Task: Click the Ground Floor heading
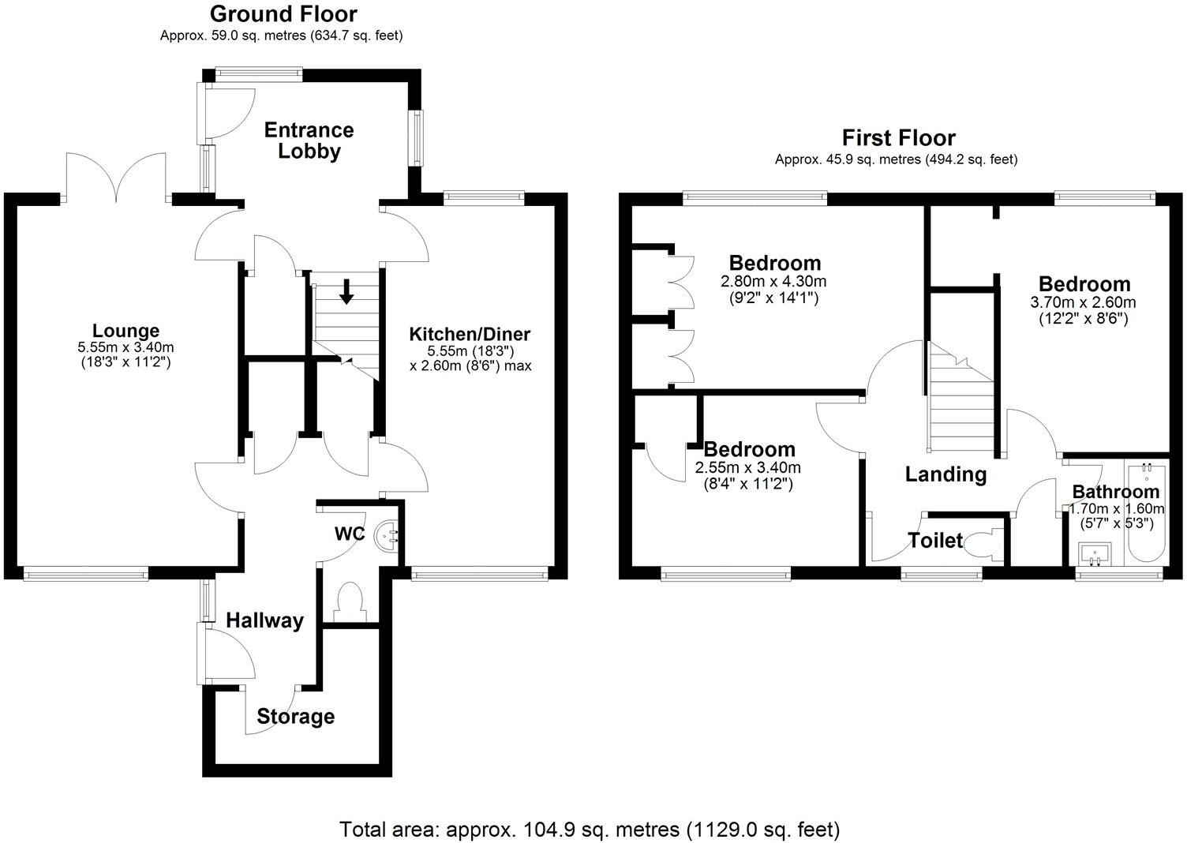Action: pyautogui.click(x=283, y=14)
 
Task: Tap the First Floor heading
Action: pyautogui.click(x=898, y=138)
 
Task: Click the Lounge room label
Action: pyautogui.click(x=125, y=331)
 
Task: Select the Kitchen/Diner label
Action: pyautogui.click(x=470, y=334)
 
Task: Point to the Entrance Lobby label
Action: pyautogui.click(x=309, y=140)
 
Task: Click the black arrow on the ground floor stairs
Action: pyautogui.click(x=346, y=291)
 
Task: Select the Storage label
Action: pyautogui.click(x=295, y=717)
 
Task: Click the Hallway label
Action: pyautogui.click(x=264, y=621)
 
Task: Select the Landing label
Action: pyautogui.click(x=945, y=474)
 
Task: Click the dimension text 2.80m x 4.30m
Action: pyautogui.click(x=773, y=282)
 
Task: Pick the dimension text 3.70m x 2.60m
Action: pyautogui.click(x=1083, y=302)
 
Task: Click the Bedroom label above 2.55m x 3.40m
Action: pyautogui.click(x=749, y=450)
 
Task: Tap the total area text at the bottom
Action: pyautogui.click(x=590, y=830)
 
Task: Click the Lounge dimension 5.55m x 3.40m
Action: pyautogui.click(x=125, y=347)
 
